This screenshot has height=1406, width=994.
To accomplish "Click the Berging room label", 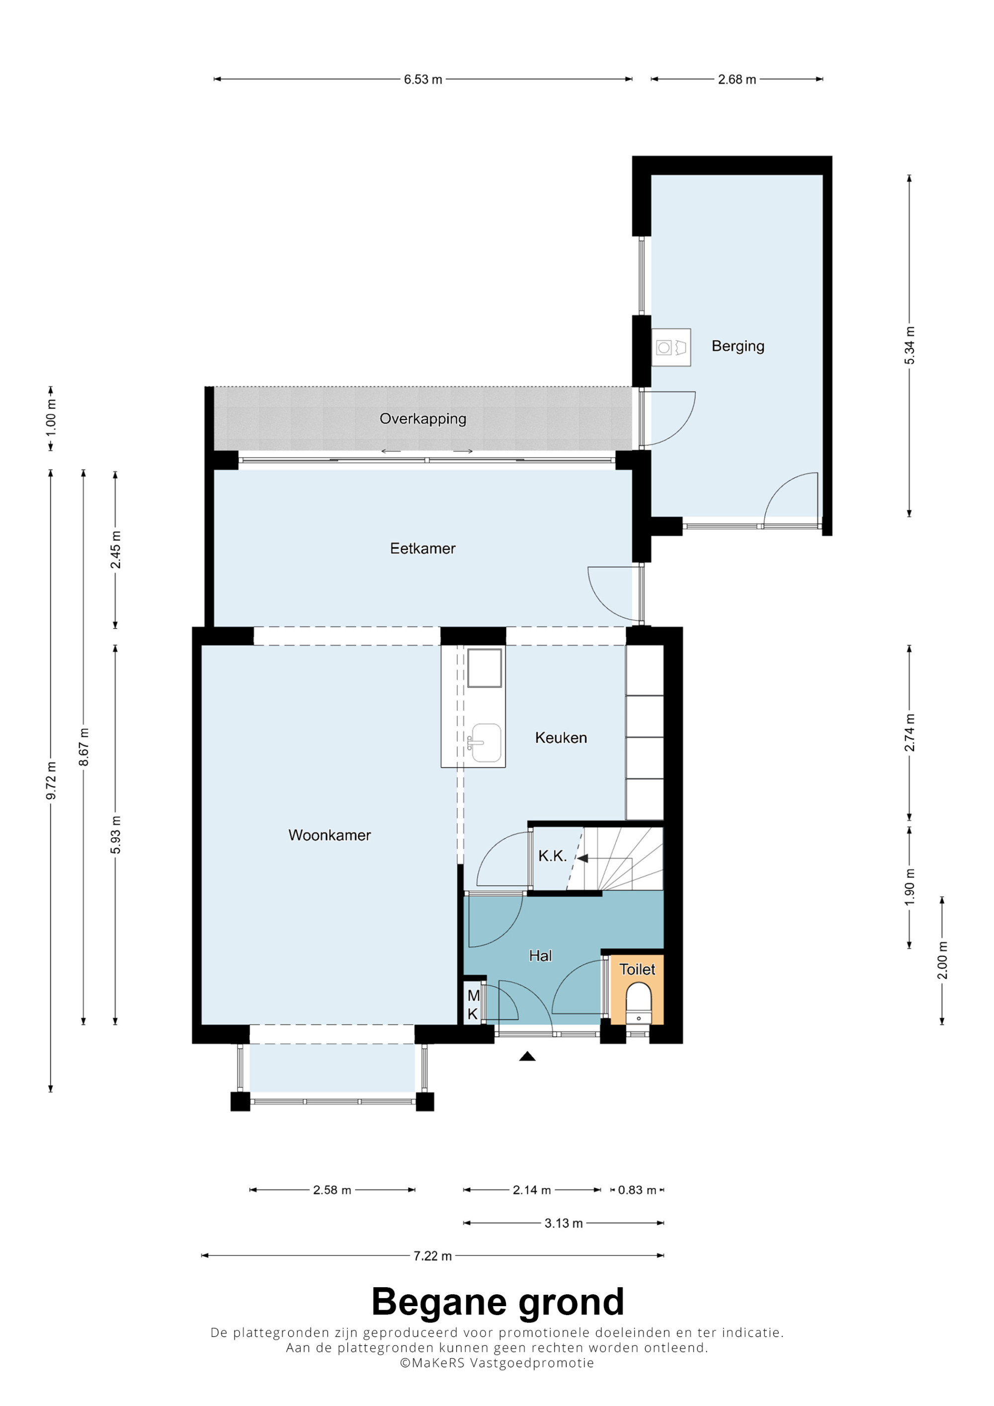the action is coord(738,347).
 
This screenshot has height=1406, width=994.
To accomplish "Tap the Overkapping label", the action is coord(422,419).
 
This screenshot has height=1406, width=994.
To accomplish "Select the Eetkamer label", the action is coord(422,548).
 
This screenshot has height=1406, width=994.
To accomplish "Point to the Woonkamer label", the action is coord(330,835).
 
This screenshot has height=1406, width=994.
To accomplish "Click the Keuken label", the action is coord(561,737).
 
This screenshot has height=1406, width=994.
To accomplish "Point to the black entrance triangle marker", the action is coord(527,1056).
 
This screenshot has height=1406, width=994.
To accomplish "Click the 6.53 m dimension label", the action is coord(422,79).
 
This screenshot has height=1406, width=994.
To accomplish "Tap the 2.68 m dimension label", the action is coord(737,79).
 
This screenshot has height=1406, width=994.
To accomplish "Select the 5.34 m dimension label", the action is coord(910,345).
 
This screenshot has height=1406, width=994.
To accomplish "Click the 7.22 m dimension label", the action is coord(432,1256).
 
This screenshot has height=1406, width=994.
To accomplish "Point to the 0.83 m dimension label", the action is coord(637,1190).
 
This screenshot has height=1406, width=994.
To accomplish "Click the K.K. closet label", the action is coord(553,856).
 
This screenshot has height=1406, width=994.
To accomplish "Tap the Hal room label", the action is coord(540,956).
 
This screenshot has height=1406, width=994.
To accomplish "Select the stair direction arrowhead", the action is coord(582,859).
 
